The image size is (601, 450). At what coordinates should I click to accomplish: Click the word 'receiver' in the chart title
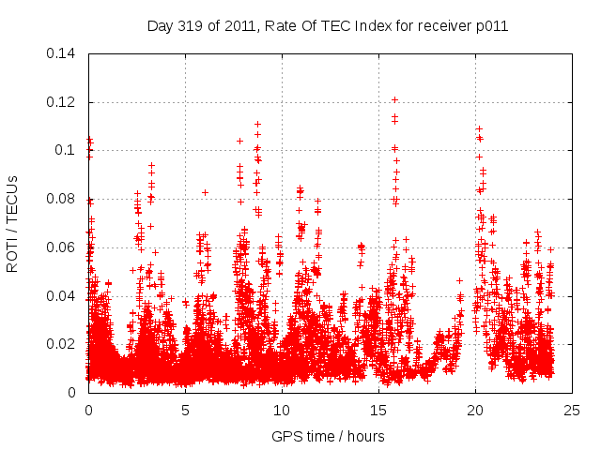pos(449,26)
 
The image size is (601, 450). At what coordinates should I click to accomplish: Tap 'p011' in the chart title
pos(493,26)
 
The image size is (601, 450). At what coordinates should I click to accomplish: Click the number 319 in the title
pos(189,26)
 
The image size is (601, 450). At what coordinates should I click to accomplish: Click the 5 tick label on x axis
pos(185,410)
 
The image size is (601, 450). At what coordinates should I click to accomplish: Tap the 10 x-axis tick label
pos(282,410)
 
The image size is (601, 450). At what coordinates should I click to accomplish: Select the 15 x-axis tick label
pos(378,410)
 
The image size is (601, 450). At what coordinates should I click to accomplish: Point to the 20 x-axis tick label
pos(475,410)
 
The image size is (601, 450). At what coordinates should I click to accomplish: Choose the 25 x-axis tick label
pos(572,410)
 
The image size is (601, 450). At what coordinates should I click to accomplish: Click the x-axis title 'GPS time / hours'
pos(330,436)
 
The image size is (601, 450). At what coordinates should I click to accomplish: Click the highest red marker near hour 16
pos(395,99)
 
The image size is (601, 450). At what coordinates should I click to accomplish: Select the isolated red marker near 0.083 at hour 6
pos(205,192)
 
